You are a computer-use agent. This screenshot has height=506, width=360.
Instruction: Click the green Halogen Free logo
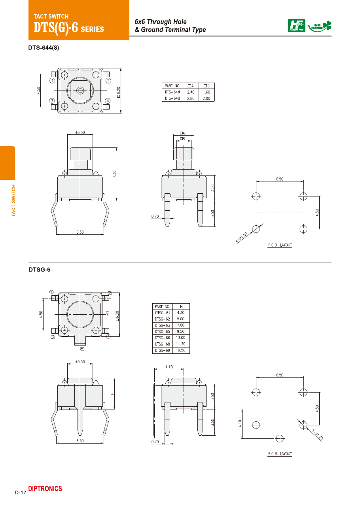pyautogui.click(x=296, y=26)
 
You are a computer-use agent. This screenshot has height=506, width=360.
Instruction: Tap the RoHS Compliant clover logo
pyautogui.click(x=320, y=26)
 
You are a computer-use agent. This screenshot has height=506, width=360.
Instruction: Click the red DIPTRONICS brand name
pyautogui.click(x=45, y=489)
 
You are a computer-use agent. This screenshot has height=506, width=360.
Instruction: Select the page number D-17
pyautogui.click(x=21, y=493)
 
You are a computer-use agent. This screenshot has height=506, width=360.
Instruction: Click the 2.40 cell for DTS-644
pyautogui.click(x=191, y=92)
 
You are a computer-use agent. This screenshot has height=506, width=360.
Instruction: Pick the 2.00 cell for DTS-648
pyautogui.click(x=206, y=98)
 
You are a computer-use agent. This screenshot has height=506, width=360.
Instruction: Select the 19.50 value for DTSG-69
pyautogui.click(x=181, y=350)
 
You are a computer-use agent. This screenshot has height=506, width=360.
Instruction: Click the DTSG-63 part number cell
pyautogui.click(x=162, y=325)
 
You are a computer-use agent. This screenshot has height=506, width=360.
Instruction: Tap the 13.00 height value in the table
pyautogui.click(x=181, y=338)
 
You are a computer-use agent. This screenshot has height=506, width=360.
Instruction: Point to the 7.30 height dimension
pyautogui.click(x=114, y=174)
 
